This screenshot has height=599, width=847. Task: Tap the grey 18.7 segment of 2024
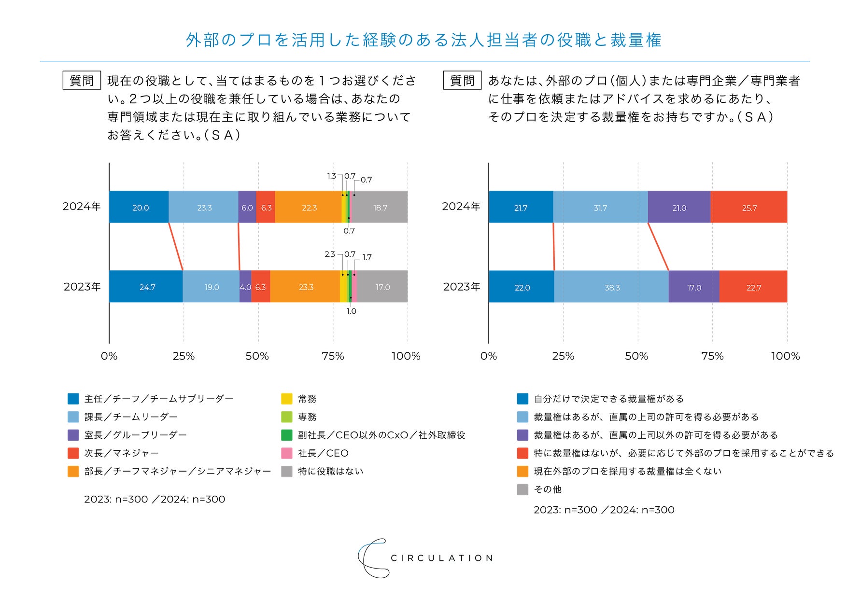(380, 207)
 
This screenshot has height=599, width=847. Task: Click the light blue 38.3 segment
(611, 287)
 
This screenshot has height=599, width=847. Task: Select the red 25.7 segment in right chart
(748, 207)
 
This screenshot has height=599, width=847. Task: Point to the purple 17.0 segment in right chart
(694, 287)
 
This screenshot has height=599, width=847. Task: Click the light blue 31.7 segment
(600, 207)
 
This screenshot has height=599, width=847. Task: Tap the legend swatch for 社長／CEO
(287, 453)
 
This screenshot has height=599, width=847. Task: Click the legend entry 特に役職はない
(330, 471)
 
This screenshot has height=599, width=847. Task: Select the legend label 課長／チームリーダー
(131, 417)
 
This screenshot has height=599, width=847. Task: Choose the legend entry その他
(548, 489)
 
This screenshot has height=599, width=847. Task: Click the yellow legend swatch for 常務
(287, 399)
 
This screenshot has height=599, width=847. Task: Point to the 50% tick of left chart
(257, 356)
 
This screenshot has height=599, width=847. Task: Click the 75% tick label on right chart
(712, 356)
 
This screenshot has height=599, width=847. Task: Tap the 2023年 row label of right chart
(462, 287)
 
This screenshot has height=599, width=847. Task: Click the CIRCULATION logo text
(441, 558)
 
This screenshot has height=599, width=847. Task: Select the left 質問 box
(82, 81)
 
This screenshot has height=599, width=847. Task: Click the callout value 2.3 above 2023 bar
(329, 254)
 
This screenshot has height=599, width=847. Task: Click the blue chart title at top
(423, 40)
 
